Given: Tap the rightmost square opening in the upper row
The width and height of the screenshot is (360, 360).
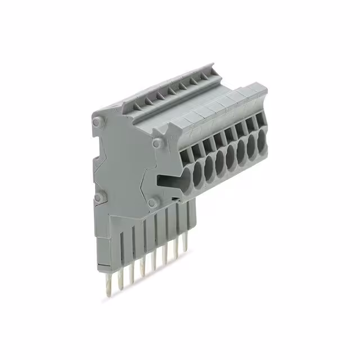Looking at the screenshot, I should coord(259,118).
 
